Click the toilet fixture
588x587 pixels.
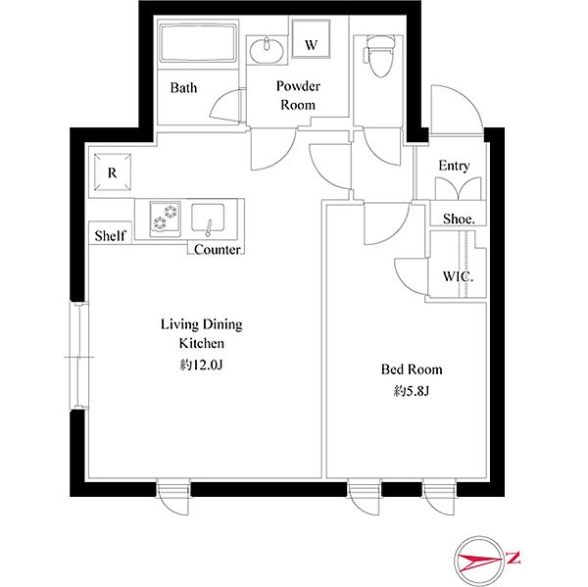coord(379,56)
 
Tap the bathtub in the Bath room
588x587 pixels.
coord(198,43)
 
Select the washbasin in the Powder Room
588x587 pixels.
coord(267,51)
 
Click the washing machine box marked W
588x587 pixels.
coord(311,39)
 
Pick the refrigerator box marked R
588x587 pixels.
coord(112,172)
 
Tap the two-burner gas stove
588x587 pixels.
coord(165,220)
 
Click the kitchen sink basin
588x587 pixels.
coord(208,219)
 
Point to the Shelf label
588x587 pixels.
coord(110,236)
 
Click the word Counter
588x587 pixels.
coord(218,250)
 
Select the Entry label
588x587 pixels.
coord(454,166)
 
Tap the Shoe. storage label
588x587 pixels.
coord(459,220)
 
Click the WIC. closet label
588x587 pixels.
coord(458,276)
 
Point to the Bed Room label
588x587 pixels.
coord(412,369)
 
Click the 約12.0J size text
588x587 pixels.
coord(201,365)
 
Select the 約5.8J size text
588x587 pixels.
coord(412,392)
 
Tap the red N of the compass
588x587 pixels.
coord(514,558)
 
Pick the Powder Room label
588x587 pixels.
coord(298,96)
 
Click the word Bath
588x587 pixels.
coord(183,88)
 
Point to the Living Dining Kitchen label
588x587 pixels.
coord(202,334)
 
